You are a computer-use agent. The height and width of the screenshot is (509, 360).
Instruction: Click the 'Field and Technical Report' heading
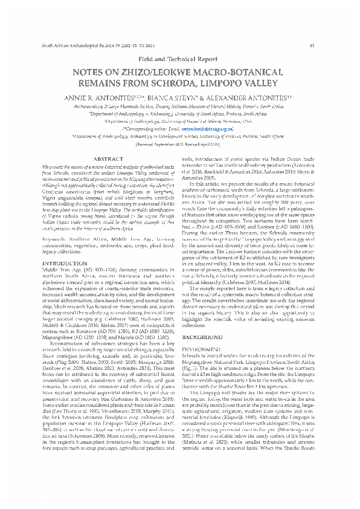tap(179, 60)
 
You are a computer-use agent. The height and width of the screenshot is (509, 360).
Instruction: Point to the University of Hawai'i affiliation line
tap(179, 120)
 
